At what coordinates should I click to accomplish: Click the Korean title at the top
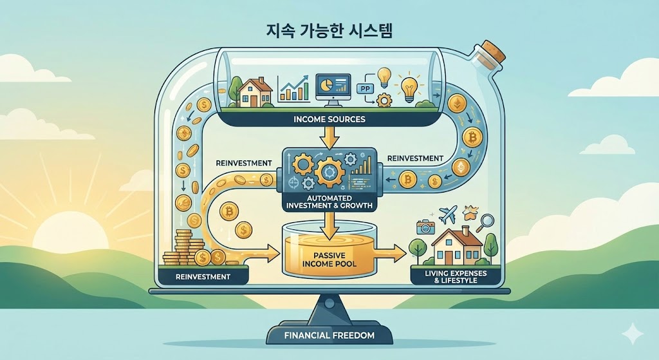coord(329,30)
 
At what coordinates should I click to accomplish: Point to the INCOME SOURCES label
coord(330,119)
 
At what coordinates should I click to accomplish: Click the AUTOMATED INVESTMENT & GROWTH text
coord(328,201)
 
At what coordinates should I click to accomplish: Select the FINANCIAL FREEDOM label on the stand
coord(329,336)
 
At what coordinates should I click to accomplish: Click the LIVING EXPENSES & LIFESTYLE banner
coord(456,277)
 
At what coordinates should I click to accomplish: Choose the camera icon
coord(425,227)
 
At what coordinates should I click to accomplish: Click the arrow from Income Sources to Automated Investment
coord(329,136)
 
